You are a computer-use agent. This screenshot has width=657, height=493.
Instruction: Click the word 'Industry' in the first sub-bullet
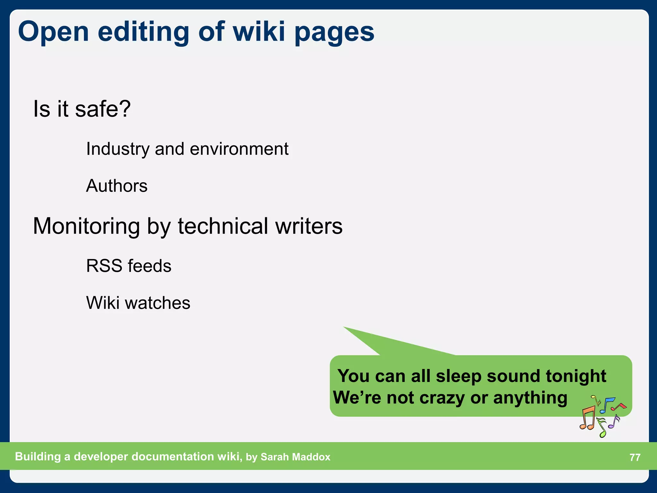(x=118, y=149)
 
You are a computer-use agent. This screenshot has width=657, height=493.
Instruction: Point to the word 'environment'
(x=239, y=149)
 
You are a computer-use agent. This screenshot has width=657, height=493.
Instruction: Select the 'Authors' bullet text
(x=117, y=186)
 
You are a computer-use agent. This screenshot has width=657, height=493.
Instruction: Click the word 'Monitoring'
(x=86, y=227)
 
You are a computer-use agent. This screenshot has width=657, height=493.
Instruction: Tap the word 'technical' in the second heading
(x=223, y=226)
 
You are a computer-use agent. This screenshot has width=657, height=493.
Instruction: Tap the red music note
(x=619, y=407)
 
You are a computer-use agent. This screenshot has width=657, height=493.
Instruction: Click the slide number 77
(x=635, y=457)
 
